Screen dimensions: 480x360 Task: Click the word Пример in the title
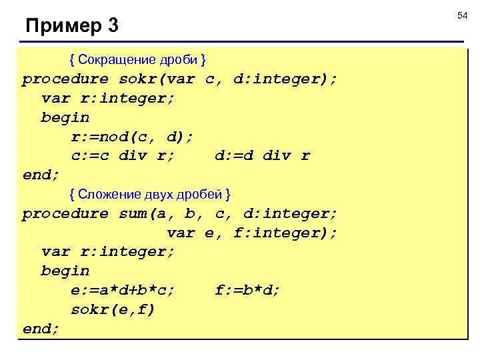pyautogui.click(x=62, y=27)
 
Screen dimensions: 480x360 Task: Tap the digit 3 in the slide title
pyautogui.click(x=113, y=27)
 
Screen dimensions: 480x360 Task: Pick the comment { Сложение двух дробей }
pyautogui.click(x=151, y=194)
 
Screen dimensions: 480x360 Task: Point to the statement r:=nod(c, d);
pyautogui.click(x=132, y=137)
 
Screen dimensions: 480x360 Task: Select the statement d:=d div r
pyautogui.click(x=263, y=156)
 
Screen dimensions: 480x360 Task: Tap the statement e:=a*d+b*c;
pyautogui.click(x=123, y=290)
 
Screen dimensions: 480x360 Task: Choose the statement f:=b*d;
pyautogui.click(x=248, y=290)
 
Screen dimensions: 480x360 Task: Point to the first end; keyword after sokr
pyautogui.click(x=41, y=175)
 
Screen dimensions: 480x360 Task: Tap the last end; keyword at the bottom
pyautogui.click(x=41, y=329)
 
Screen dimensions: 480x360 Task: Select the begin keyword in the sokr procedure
pyautogui.click(x=65, y=117)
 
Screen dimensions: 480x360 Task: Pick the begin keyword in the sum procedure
pyautogui.click(x=65, y=271)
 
